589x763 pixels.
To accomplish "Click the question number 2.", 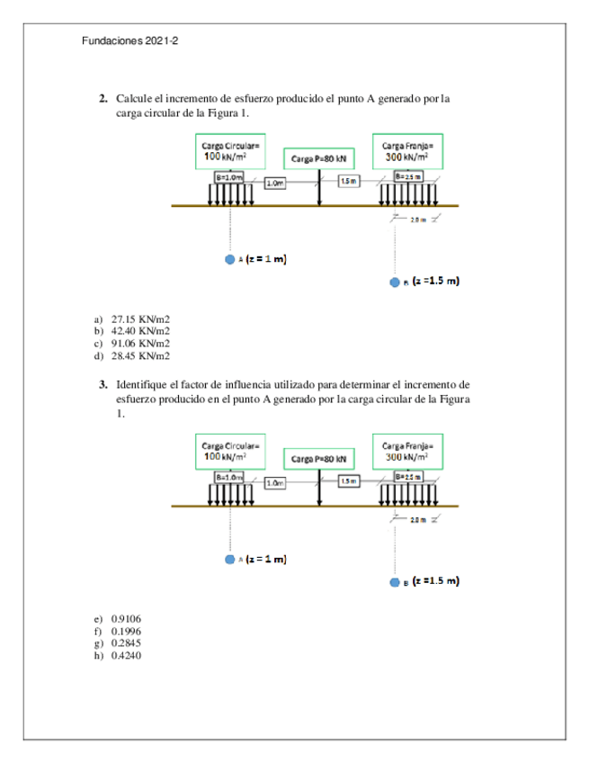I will [x=103, y=98].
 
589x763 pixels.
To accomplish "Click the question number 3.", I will [x=103, y=384].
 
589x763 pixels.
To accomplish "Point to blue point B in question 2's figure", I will [x=394, y=282].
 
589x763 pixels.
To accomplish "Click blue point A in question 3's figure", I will [x=230, y=560].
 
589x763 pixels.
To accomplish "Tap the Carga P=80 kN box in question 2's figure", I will [x=318, y=159].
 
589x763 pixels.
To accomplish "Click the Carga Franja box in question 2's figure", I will [x=407, y=150].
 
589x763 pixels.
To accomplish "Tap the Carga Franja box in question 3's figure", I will [x=407, y=450].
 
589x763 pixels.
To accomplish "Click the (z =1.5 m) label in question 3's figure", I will [x=436, y=580].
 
